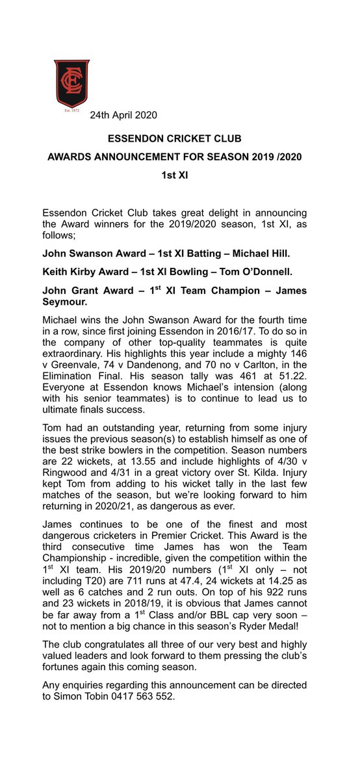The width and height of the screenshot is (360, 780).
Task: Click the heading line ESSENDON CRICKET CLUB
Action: click(x=180, y=138)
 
